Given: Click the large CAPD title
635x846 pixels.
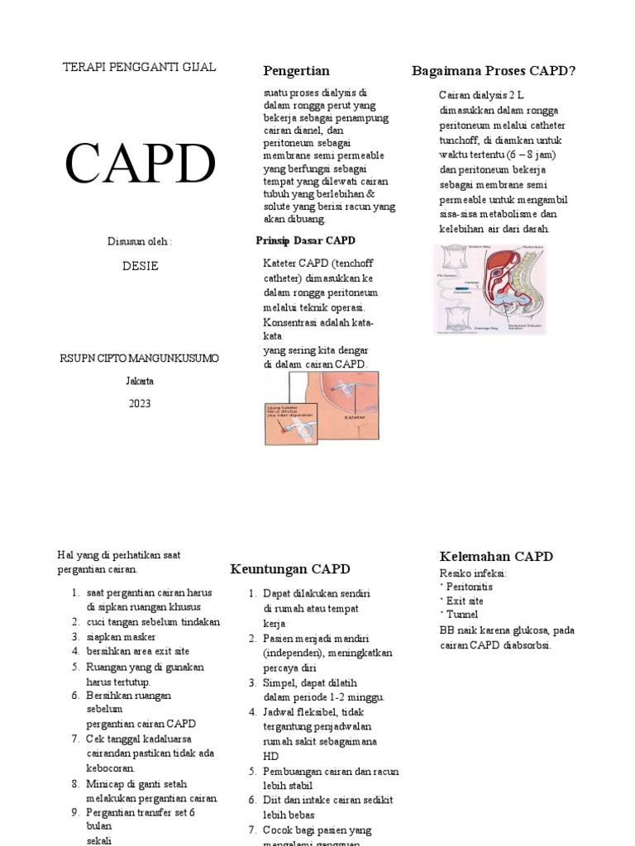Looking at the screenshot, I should tap(140, 163).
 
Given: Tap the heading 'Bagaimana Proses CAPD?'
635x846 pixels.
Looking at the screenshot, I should tap(494, 70).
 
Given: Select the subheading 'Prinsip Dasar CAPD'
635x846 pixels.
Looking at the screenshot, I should tap(306, 240).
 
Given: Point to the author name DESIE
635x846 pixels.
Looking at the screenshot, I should tap(140, 266).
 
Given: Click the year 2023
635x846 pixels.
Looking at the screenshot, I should tap(140, 403).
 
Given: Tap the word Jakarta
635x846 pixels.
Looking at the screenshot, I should tap(140, 381).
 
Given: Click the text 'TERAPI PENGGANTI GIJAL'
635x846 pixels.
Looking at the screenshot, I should tap(140, 67).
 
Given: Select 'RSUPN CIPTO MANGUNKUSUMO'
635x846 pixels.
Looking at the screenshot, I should tap(140, 358).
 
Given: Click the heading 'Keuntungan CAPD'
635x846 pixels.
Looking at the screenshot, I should tap(289, 568).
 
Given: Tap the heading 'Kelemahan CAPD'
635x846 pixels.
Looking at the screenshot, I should tap(496, 556).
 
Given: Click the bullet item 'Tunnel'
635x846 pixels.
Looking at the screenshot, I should tap(463, 615).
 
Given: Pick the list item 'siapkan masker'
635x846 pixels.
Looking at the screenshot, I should tap(121, 637).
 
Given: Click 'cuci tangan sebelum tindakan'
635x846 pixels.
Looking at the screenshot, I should tap(153, 622).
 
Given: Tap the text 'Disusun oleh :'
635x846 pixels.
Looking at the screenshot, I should tap(140, 241).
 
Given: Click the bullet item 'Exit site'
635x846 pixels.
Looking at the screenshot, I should tap(465, 601).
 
